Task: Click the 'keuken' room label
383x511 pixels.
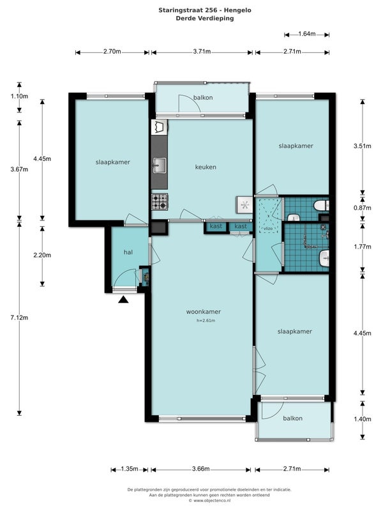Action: pyautogui.click(x=206, y=167)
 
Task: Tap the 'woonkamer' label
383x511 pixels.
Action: pyautogui.click(x=204, y=312)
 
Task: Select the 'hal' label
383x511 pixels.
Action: pyautogui.click(x=128, y=252)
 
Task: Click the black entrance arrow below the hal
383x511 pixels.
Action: pyautogui.click(x=123, y=300)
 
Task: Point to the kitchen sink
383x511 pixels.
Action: pyautogui.click(x=159, y=165)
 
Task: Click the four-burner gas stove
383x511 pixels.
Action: pyautogui.click(x=160, y=202)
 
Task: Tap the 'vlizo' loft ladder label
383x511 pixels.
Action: pyautogui.click(x=268, y=229)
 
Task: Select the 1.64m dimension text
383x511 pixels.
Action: pyautogui.click(x=307, y=34)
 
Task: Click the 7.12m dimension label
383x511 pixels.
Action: pyautogui.click(x=19, y=317)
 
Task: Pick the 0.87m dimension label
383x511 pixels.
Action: pyautogui.click(x=363, y=208)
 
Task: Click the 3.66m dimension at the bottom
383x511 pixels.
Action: pyautogui.click(x=200, y=469)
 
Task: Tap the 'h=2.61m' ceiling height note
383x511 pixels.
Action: pyautogui.click(x=206, y=321)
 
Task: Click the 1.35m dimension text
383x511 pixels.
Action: pyautogui.click(x=130, y=469)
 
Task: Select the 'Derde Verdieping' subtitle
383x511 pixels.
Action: pyautogui.click(x=205, y=19)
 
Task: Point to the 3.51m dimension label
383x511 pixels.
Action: pyautogui.click(x=363, y=146)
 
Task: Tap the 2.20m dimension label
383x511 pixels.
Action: pyautogui.click(x=42, y=255)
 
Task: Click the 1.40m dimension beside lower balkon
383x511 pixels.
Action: pyautogui.click(x=363, y=419)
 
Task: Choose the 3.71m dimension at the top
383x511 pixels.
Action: pyautogui.click(x=202, y=52)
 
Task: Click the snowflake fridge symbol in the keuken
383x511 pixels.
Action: pyautogui.click(x=244, y=205)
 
